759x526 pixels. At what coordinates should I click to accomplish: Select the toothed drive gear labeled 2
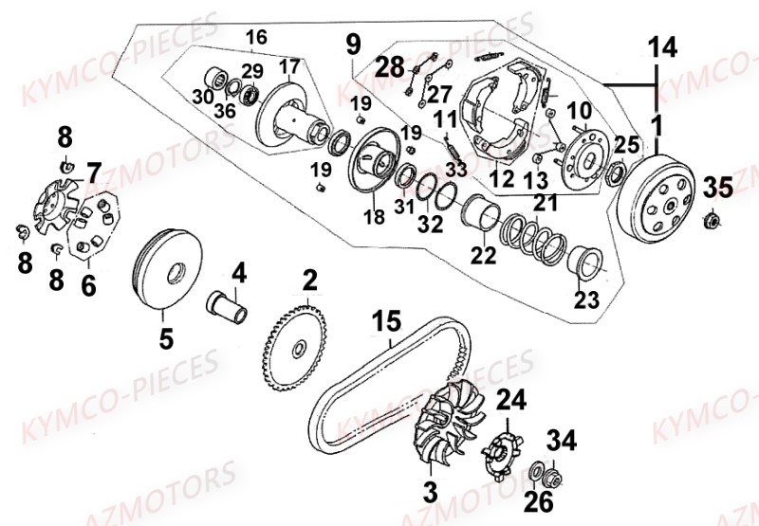[x=300, y=350]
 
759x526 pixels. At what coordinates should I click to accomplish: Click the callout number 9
[x=353, y=44]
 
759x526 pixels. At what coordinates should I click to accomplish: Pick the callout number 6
[x=87, y=283]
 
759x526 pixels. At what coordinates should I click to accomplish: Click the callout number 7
[x=93, y=172]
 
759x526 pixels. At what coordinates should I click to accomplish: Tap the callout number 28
[x=388, y=66]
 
